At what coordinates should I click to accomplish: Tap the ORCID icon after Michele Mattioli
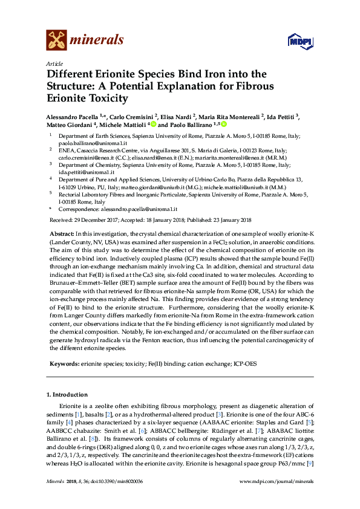pos(154,124)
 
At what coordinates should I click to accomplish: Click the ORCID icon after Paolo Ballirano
pos(224,124)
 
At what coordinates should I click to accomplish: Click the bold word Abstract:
pos(61,233)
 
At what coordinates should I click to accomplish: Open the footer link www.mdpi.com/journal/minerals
pos(277,481)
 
